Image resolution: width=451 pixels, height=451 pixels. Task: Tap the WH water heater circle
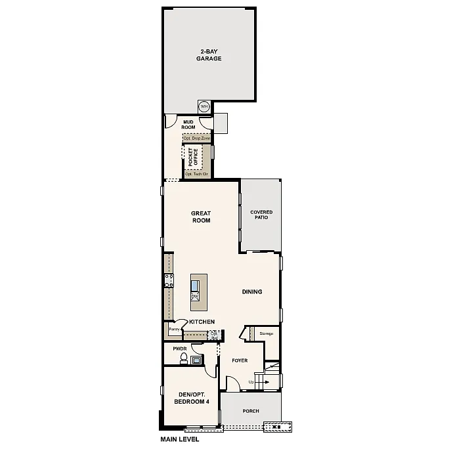click(204, 106)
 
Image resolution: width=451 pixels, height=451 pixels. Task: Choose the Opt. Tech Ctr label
click(196, 175)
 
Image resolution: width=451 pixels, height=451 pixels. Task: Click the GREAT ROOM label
click(201, 217)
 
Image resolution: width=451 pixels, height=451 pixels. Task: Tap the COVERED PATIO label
click(261, 215)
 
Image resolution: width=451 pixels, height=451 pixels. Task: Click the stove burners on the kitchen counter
click(169, 281)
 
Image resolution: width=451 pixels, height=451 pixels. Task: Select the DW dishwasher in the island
click(195, 297)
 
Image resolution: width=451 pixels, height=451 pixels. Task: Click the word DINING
click(252, 292)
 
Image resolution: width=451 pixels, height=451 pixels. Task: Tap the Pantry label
click(175, 328)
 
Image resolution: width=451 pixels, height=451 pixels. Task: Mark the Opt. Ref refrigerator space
click(214, 335)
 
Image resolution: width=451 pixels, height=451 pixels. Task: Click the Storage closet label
click(266, 334)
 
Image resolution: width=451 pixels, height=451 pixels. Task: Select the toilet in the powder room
click(184, 358)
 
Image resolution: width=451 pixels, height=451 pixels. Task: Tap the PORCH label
click(251, 411)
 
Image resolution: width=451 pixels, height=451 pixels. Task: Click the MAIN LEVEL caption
click(179, 439)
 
